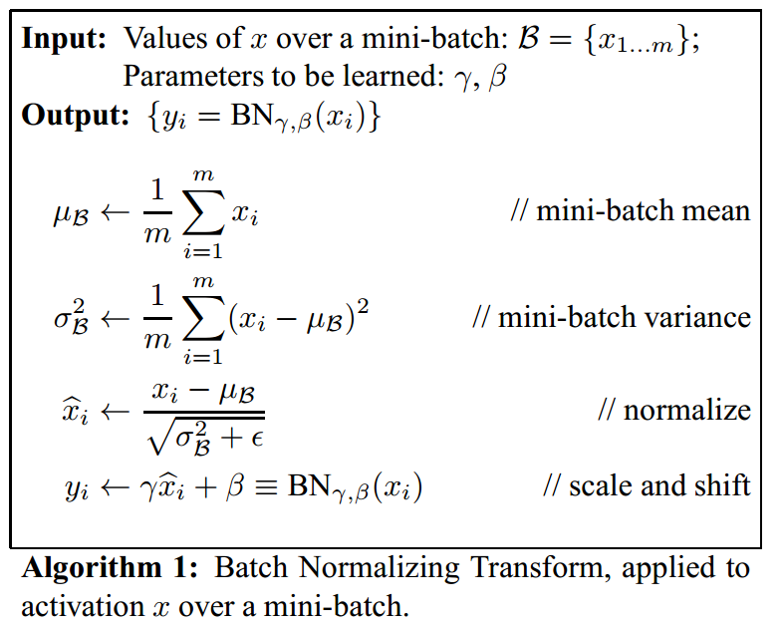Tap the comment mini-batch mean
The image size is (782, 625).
pyautogui.click(x=630, y=211)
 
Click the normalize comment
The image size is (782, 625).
pyautogui.click(x=673, y=411)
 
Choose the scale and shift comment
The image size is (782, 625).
pyautogui.click(x=647, y=486)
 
